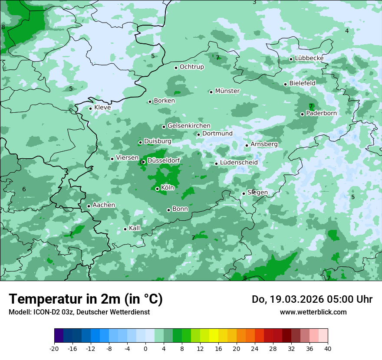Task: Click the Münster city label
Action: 227,91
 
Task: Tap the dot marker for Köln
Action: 157,189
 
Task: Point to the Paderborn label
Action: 321,113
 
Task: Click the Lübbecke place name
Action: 309,58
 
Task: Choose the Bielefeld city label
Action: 302,83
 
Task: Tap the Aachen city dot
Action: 89,206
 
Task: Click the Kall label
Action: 135,228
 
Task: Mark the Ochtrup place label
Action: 191,67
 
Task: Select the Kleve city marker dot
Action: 90,108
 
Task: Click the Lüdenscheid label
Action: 239,163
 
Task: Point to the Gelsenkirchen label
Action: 189,126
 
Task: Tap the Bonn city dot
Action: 168,210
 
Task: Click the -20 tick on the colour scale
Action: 54,349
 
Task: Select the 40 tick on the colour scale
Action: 328,349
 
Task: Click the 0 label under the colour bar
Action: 145,349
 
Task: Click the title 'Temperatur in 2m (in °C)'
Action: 86,299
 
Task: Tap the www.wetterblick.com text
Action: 313,312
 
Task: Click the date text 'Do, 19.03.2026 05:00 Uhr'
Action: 312,299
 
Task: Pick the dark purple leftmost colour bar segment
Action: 59,336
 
